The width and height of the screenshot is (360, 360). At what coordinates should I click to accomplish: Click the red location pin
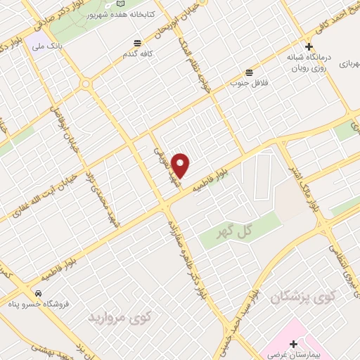(x=181, y=165)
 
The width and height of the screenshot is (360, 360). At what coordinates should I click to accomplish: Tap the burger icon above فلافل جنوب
(x=248, y=72)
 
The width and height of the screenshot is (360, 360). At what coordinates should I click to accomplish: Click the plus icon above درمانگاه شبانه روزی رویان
(x=309, y=46)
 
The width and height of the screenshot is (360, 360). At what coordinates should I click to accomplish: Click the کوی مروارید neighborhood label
(x=120, y=318)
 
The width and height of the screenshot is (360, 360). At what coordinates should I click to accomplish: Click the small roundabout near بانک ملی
(x=86, y=84)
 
